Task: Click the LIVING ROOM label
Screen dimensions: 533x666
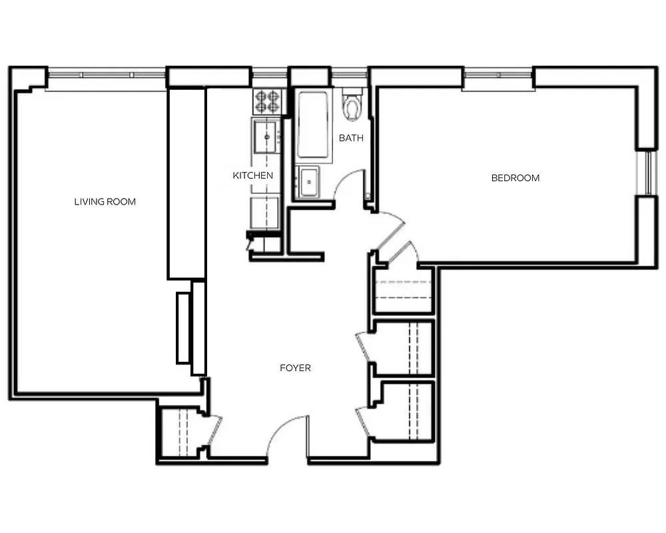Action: pyautogui.click(x=105, y=201)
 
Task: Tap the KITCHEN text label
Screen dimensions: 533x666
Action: pyautogui.click(x=252, y=176)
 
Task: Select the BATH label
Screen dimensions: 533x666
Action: pyautogui.click(x=351, y=139)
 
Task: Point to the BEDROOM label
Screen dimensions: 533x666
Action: pyautogui.click(x=515, y=178)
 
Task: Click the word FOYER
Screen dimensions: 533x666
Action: pyautogui.click(x=295, y=368)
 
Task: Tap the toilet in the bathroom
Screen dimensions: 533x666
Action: pyautogui.click(x=352, y=105)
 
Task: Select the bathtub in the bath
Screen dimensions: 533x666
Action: pyautogui.click(x=313, y=124)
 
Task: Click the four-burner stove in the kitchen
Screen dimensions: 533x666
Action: pyautogui.click(x=268, y=101)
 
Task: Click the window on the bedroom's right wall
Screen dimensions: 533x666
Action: pyautogui.click(x=645, y=173)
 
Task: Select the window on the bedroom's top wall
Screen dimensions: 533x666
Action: pyautogui.click(x=498, y=79)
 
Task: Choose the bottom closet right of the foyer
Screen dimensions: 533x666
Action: pyautogui.click(x=405, y=411)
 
